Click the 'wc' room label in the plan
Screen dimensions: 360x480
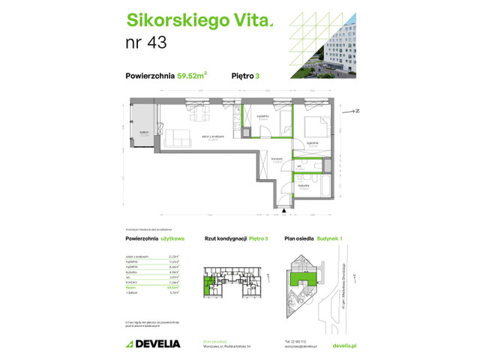(x=298, y=165)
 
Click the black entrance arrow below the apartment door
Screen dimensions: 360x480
(x=285, y=212)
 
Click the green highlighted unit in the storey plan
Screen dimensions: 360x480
(x=209, y=284)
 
